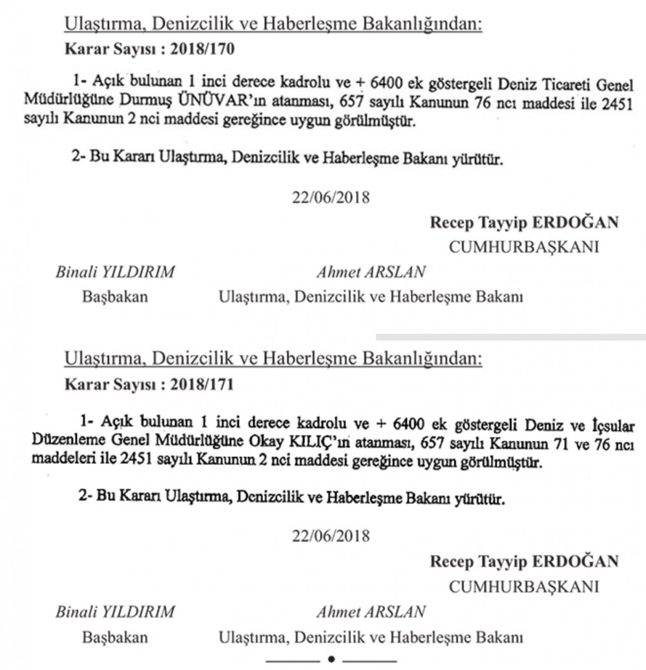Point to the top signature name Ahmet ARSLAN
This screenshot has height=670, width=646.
(x=371, y=272)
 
